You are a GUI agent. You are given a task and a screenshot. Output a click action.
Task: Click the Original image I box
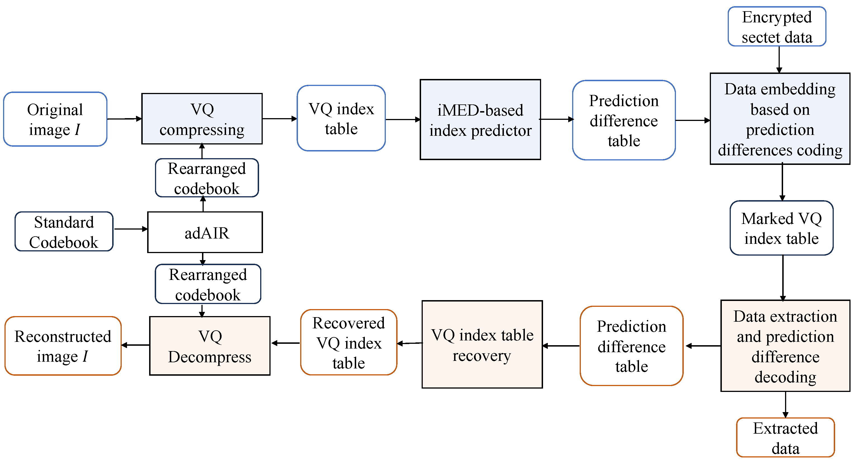(x=55, y=119)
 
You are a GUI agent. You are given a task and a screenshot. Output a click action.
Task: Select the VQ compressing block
(x=202, y=119)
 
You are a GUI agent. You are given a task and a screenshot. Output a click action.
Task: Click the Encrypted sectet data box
(x=777, y=27)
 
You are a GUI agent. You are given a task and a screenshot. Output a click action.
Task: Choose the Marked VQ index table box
(x=781, y=228)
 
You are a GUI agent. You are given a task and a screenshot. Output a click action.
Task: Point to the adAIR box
(x=205, y=232)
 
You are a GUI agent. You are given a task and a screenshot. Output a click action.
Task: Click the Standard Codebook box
(x=64, y=232)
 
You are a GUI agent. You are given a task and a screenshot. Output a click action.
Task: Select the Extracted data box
(x=785, y=438)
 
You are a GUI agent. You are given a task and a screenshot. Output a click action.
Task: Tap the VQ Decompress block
(x=210, y=346)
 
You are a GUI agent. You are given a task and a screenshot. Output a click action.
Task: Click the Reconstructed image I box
(x=63, y=346)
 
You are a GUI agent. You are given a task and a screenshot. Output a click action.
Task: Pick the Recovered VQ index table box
(x=349, y=343)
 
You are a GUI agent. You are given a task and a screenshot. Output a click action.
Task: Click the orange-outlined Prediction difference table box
(x=631, y=346)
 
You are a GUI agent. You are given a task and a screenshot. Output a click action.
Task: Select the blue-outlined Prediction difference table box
(x=624, y=120)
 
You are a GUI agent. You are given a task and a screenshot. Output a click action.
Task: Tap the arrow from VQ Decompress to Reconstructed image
(x=135, y=345)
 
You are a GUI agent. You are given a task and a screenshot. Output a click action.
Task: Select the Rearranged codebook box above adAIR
(x=207, y=178)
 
